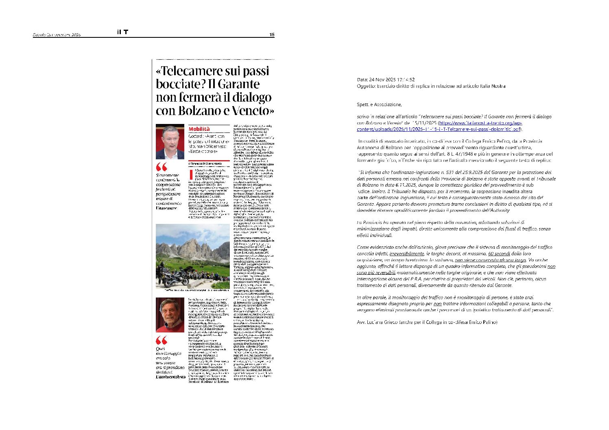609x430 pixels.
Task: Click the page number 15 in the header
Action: click(272, 35)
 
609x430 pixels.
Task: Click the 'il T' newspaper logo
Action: click(122, 32)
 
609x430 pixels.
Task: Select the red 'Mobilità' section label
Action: click(199, 129)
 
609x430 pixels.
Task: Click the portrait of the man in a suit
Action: click(170, 142)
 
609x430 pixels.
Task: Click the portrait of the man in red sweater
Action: click(170, 315)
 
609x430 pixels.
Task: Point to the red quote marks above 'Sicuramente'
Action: click(162, 167)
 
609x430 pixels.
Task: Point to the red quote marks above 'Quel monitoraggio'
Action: click(162, 340)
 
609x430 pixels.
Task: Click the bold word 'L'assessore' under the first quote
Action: click(166, 208)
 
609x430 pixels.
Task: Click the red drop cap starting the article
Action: click(191, 174)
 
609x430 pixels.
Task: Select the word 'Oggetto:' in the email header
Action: click(366, 86)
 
